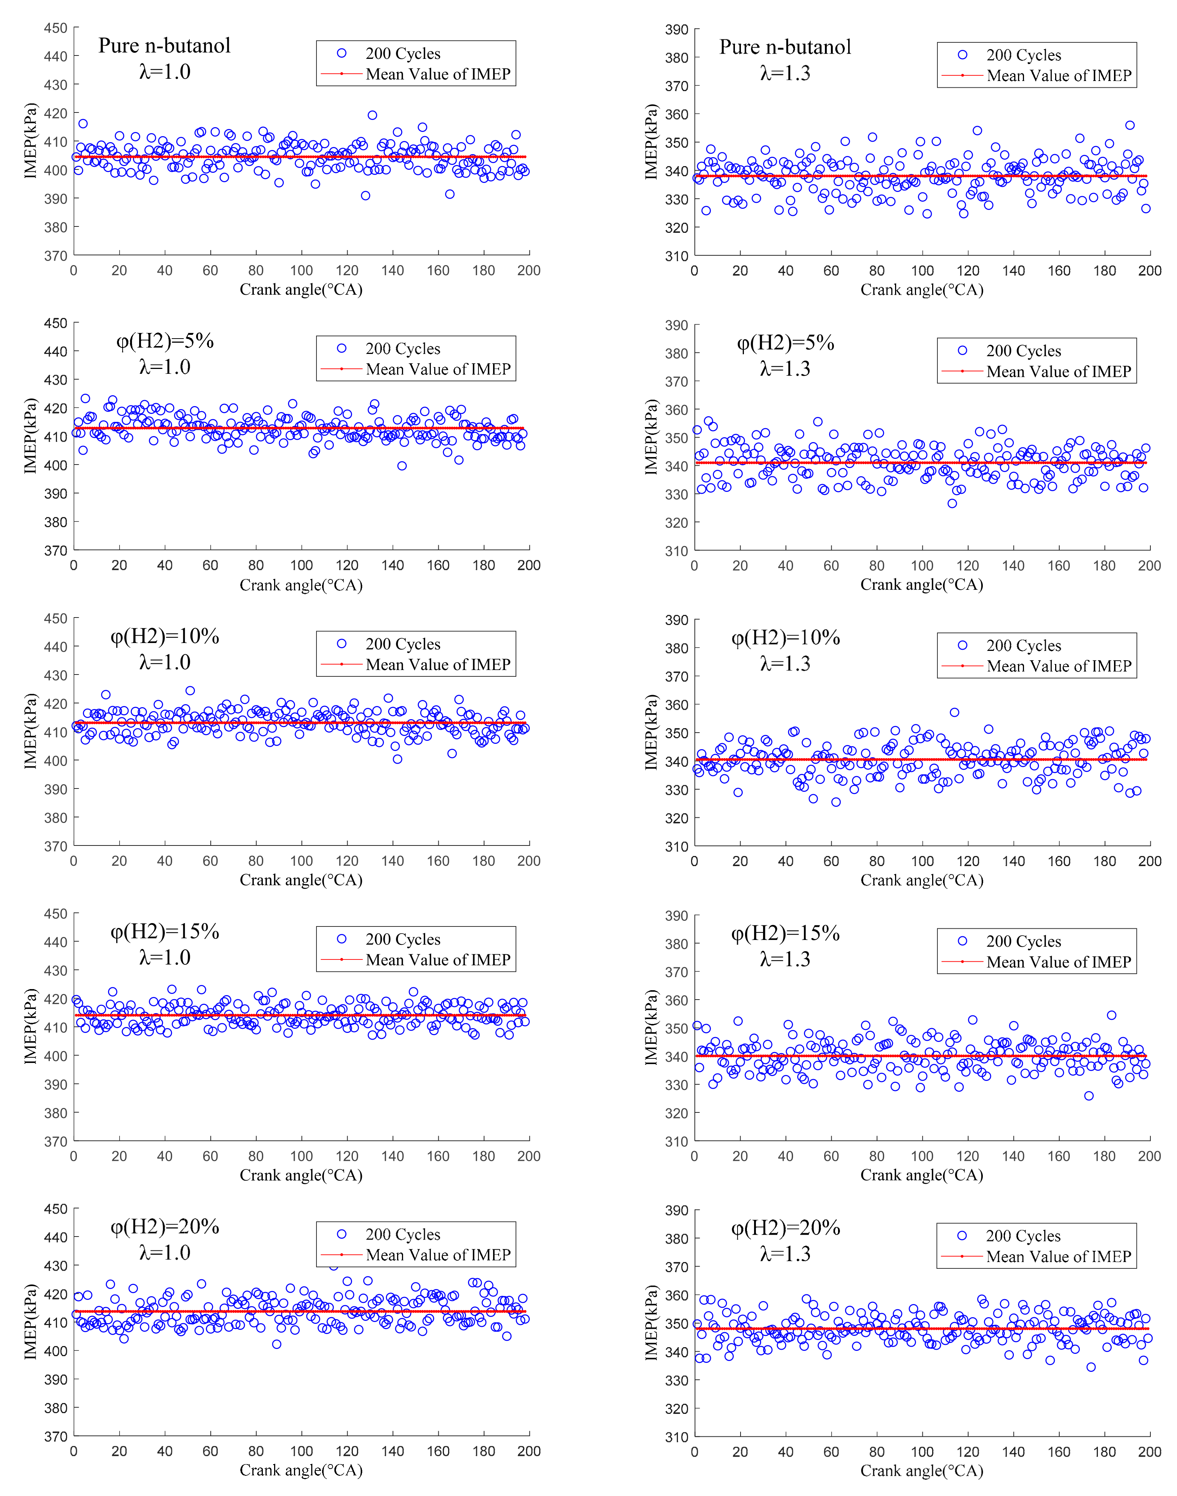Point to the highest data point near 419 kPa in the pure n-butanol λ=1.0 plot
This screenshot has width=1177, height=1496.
pyautogui.click(x=372, y=115)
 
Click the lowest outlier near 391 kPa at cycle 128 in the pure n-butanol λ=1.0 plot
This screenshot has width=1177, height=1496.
pyautogui.click(x=365, y=196)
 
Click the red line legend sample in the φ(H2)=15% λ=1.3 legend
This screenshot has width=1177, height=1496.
pyautogui.click(x=962, y=962)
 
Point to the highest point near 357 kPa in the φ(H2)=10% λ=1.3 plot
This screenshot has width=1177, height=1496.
pyautogui.click(x=954, y=712)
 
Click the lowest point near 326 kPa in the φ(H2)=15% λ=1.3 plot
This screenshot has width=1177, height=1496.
pyautogui.click(x=1089, y=1096)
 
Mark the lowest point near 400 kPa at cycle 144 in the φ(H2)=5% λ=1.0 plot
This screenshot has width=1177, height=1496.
pyautogui.click(x=402, y=466)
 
